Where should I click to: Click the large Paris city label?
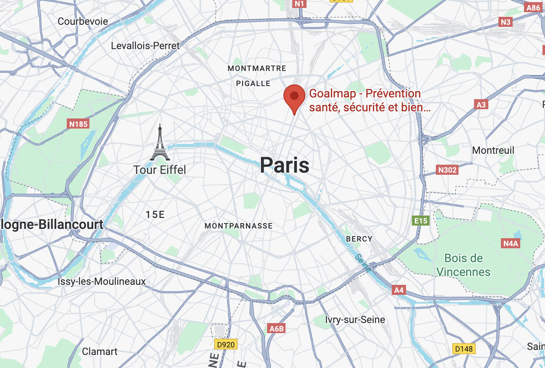pyautogui.click(x=285, y=165)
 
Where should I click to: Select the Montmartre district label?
pyautogui.click(x=257, y=68)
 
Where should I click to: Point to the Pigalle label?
pyautogui.click(x=253, y=84)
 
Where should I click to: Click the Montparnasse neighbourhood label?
pyautogui.click(x=238, y=226)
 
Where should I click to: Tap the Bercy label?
pyautogui.click(x=359, y=239)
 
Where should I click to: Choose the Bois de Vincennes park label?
pyautogui.click(x=464, y=265)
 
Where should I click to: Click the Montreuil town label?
pyautogui.click(x=493, y=150)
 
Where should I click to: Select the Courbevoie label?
pyautogui.click(x=83, y=21)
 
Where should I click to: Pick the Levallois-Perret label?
pyautogui.click(x=145, y=46)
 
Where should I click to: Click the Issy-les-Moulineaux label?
pyautogui.click(x=102, y=281)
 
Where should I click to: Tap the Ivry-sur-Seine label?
pyautogui.click(x=355, y=320)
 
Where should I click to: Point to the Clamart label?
pyautogui.click(x=100, y=352)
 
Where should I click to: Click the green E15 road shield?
pyautogui.click(x=421, y=221)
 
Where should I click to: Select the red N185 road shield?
pyautogui.click(x=79, y=124)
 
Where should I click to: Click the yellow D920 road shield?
pyautogui.click(x=226, y=345)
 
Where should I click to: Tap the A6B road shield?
pyautogui.click(x=276, y=329)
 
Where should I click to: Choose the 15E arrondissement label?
pyautogui.click(x=155, y=215)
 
